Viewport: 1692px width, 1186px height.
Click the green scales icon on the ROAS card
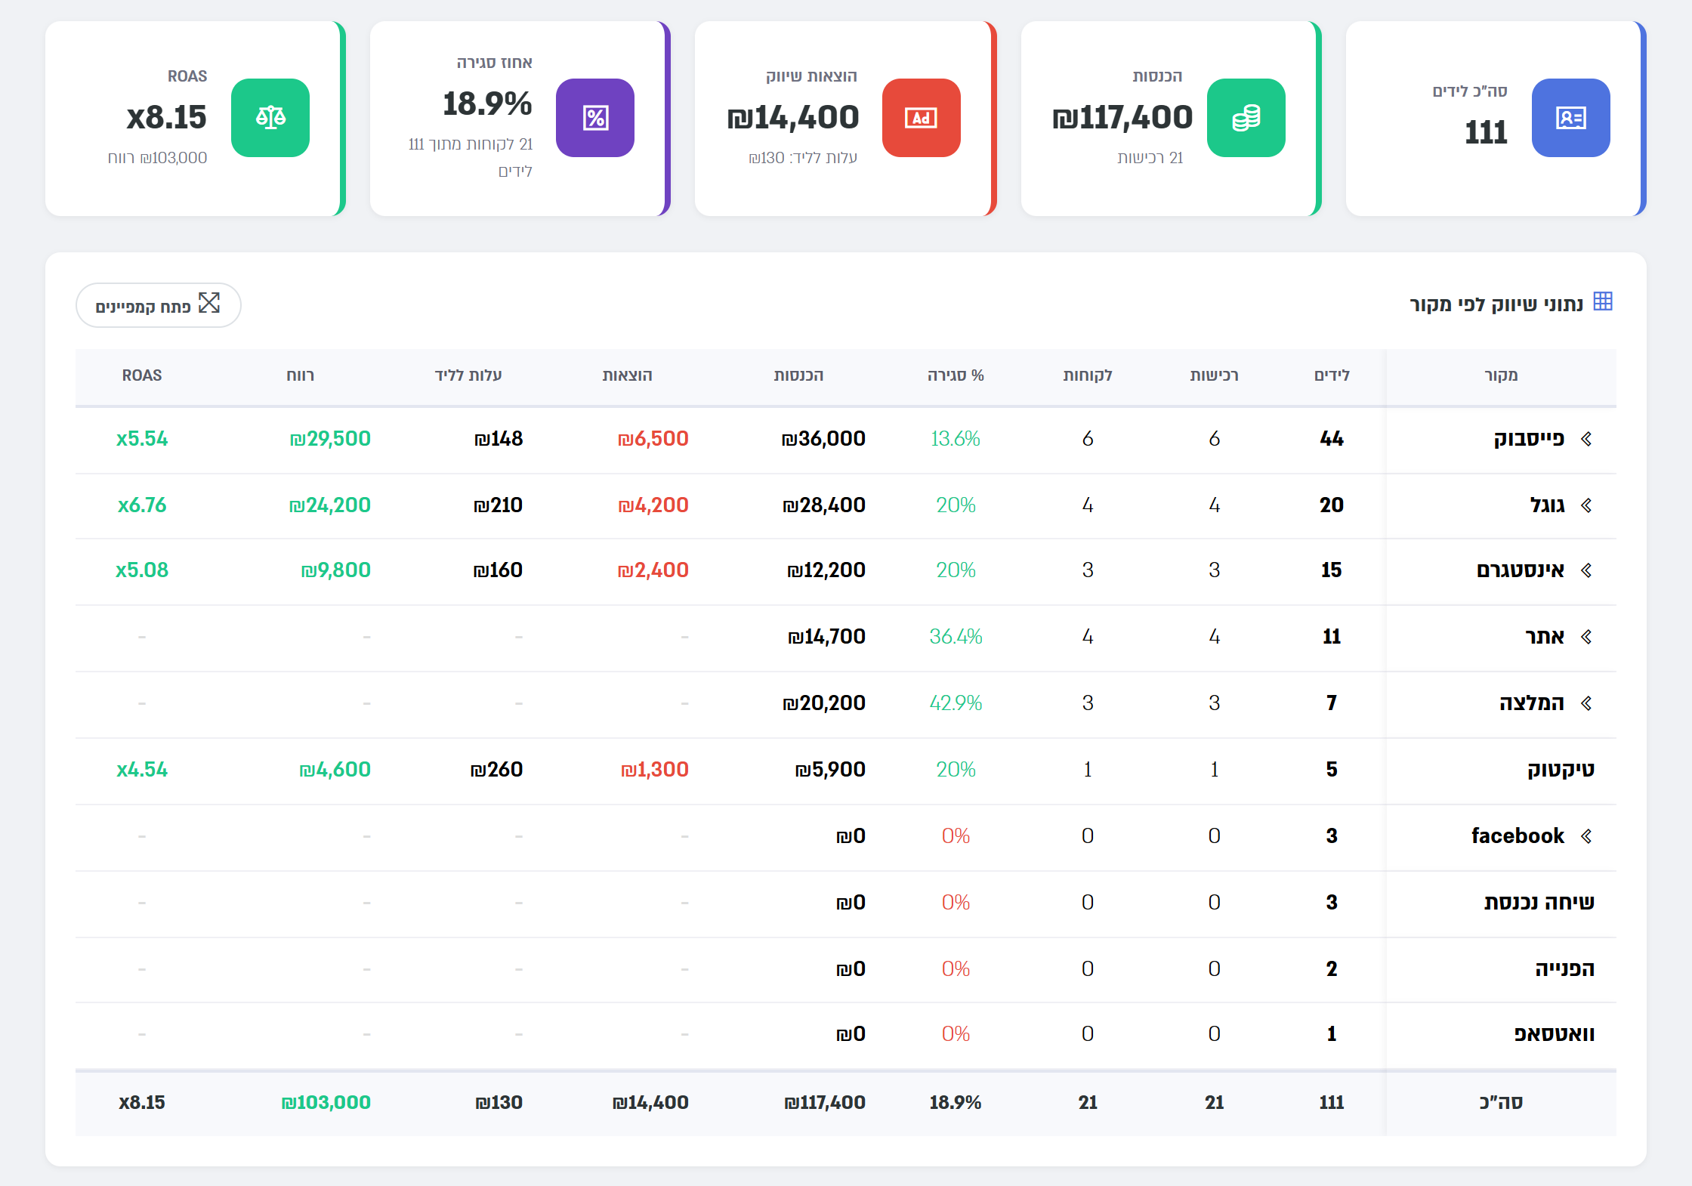[270, 118]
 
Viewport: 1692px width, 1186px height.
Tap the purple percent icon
[595, 118]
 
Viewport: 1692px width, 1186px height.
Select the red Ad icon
[922, 118]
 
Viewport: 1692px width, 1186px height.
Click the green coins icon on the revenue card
[1246, 118]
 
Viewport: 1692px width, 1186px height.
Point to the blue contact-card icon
[1571, 118]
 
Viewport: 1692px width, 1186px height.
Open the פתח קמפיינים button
[159, 305]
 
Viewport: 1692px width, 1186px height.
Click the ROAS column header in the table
[142, 375]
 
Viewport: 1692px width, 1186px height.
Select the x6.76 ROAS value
[142, 505]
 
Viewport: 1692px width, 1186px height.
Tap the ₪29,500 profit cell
[330, 438]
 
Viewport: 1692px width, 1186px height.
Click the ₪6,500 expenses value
[653, 438]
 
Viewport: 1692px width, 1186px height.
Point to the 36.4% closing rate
[956, 636]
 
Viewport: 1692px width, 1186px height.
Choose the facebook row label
[1518, 835]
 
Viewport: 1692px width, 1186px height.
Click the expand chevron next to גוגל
[1586, 505]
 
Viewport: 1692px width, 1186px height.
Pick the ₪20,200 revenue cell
[824, 703]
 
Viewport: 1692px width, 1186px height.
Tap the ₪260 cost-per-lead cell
[496, 769]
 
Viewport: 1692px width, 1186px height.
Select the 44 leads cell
[1332, 438]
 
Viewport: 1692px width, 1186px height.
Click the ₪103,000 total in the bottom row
[326, 1102]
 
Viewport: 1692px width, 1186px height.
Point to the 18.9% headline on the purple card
[487, 103]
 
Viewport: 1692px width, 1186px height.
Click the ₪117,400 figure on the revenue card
[1122, 117]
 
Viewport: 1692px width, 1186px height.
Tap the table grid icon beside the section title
[1603, 301]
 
